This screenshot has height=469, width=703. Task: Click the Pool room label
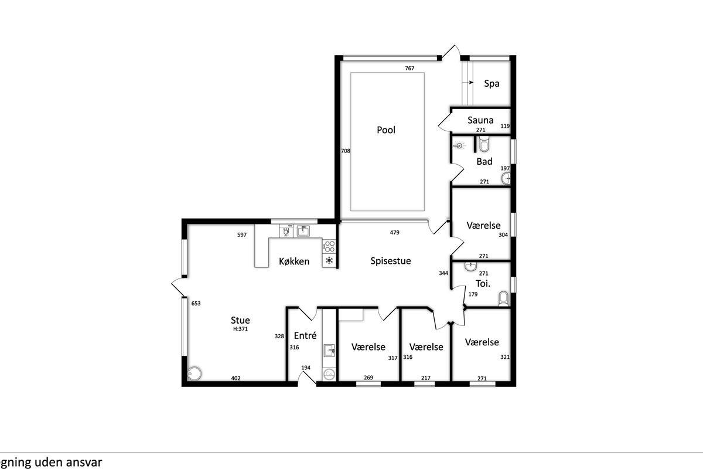pos(386,130)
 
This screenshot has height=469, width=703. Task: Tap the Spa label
pos(492,84)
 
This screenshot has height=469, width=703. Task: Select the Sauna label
pos(480,120)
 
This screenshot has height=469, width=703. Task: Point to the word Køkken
pos(294,261)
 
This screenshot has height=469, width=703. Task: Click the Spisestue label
pos(390,261)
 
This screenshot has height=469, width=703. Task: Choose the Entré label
pos(305,335)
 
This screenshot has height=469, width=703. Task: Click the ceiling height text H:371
pos(240,329)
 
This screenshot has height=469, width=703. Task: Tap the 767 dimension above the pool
pos(409,68)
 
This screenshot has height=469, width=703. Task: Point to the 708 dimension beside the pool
pos(346,151)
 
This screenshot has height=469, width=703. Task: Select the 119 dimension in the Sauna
pos(505,126)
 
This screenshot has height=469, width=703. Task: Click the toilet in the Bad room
pos(484,144)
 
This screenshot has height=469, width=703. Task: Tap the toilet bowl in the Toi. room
pos(503,298)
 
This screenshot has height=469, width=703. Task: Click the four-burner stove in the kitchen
pos(329,246)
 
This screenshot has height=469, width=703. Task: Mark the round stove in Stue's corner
pos(194,373)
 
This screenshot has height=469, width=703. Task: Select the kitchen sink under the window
pos(303,231)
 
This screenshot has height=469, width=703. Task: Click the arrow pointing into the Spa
pos(471,83)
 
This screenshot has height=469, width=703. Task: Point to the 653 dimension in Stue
pos(196,304)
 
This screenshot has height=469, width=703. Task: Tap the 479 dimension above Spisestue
pos(394,233)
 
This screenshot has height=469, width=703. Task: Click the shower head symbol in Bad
pos(459,146)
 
